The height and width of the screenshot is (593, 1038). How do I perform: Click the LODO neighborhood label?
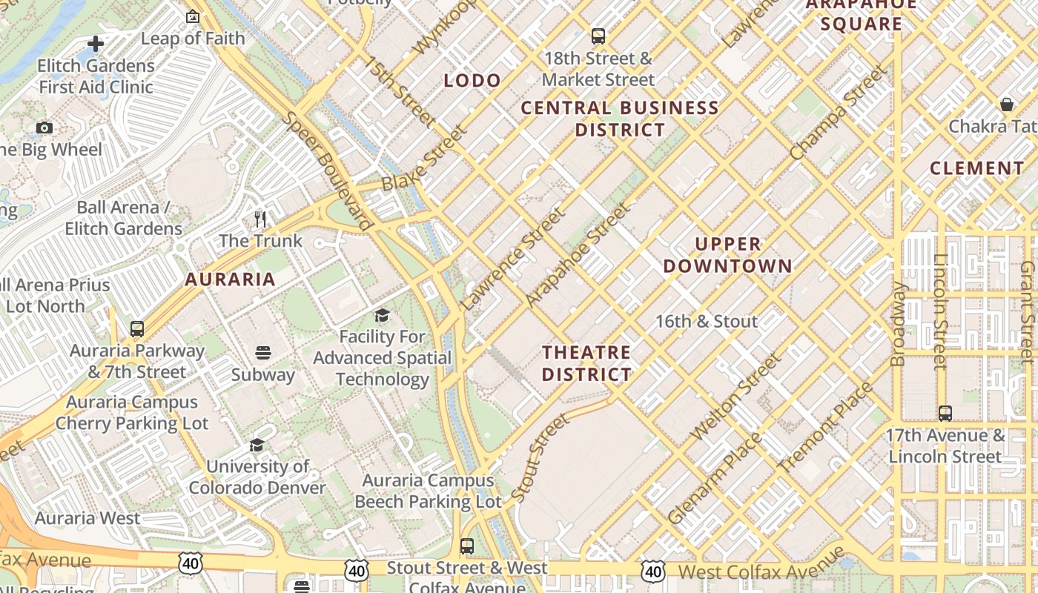pyautogui.click(x=472, y=81)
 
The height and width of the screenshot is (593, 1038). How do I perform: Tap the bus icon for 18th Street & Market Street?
pyautogui.click(x=598, y=36)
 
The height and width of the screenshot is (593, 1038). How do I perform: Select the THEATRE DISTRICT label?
pyautogui.click(x=586, y=363)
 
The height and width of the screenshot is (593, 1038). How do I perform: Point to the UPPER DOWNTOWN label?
pyautogui.click(x=727, y=255)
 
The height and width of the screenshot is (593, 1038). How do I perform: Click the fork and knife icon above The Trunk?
pyautogui.click(x=260, y=219)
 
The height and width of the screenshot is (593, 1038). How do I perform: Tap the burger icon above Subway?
pyautogui.click(x=263, y=352)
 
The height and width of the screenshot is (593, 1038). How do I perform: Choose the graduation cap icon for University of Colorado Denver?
pyautogui.click(x=257, y=445)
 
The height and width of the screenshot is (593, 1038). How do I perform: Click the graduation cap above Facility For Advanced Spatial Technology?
pyautogui.click(x=382, y=316)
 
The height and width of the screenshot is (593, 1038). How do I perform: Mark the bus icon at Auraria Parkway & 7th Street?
pyautogui.click(x=137, y=328)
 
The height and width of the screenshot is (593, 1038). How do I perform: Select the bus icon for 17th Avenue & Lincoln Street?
pyautogui.click(x=945, y=413)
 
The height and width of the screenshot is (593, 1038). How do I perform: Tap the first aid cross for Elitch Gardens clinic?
pyautogui.click(x=96, y=44)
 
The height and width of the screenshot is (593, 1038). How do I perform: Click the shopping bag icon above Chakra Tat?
pyautogui.click(x=1007, y=105)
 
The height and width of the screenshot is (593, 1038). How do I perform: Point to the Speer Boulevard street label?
pyautogui.click(x=327, y=170)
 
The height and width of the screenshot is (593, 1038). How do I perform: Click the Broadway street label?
pyautogui.click(x=898, y=324)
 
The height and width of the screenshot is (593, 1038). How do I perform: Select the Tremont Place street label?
pyautogui.click(x=825, y=428)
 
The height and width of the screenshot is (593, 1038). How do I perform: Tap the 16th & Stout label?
pyautogui.click(x=707, y=322)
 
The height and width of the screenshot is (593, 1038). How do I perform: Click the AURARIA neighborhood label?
pyautogui.click(x=230, y=279)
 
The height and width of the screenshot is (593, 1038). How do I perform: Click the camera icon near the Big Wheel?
pyautogui.click(x=44, y=127)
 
